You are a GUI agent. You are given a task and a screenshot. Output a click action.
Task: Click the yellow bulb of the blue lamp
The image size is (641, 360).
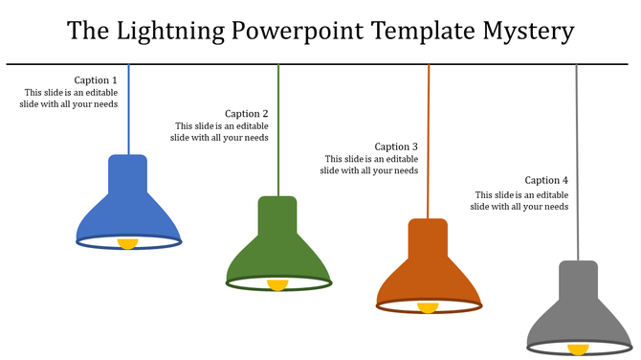tap(127, 244)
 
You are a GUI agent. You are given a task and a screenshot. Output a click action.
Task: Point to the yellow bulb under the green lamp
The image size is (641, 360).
tap(277, 284)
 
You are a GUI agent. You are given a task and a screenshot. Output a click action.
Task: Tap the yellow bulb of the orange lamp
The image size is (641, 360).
tap(428, 307)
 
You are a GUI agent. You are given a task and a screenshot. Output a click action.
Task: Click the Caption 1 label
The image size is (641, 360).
tap(96, 80)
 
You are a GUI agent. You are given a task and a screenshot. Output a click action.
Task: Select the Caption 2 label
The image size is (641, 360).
tap(246, 114)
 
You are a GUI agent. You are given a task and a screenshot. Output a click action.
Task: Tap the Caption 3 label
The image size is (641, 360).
tap(396, 146)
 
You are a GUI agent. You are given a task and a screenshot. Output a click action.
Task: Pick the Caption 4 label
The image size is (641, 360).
tap(546, 180)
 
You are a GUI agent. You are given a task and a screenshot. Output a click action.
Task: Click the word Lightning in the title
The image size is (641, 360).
tap(174, 32)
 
